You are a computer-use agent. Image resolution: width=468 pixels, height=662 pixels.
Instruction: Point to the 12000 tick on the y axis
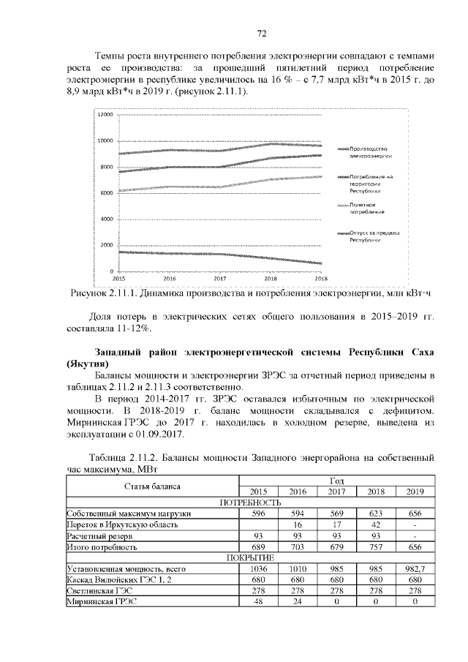[105, 115]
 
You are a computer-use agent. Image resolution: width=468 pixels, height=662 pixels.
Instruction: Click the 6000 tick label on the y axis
[107, 193]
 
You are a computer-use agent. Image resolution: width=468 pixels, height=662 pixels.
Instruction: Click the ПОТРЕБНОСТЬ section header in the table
[251, 503]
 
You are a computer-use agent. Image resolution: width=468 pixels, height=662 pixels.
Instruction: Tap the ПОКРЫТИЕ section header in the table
[251, 557]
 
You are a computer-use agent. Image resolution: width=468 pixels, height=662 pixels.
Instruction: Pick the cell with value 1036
[258, 568]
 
